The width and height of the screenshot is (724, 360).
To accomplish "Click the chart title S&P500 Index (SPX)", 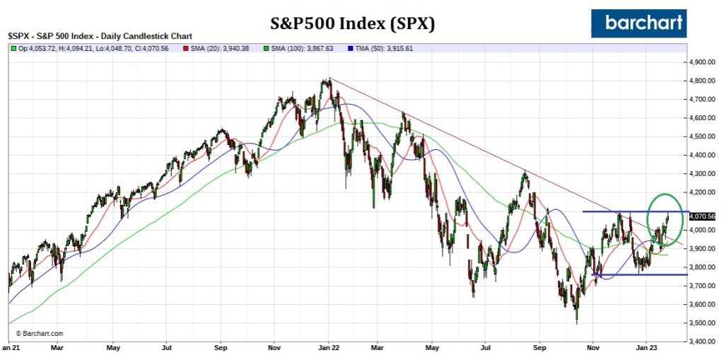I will tap(354, 23).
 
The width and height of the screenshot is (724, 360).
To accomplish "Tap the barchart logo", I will tap(638, 23).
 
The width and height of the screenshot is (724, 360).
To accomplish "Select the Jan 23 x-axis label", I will tap(648, 348).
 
